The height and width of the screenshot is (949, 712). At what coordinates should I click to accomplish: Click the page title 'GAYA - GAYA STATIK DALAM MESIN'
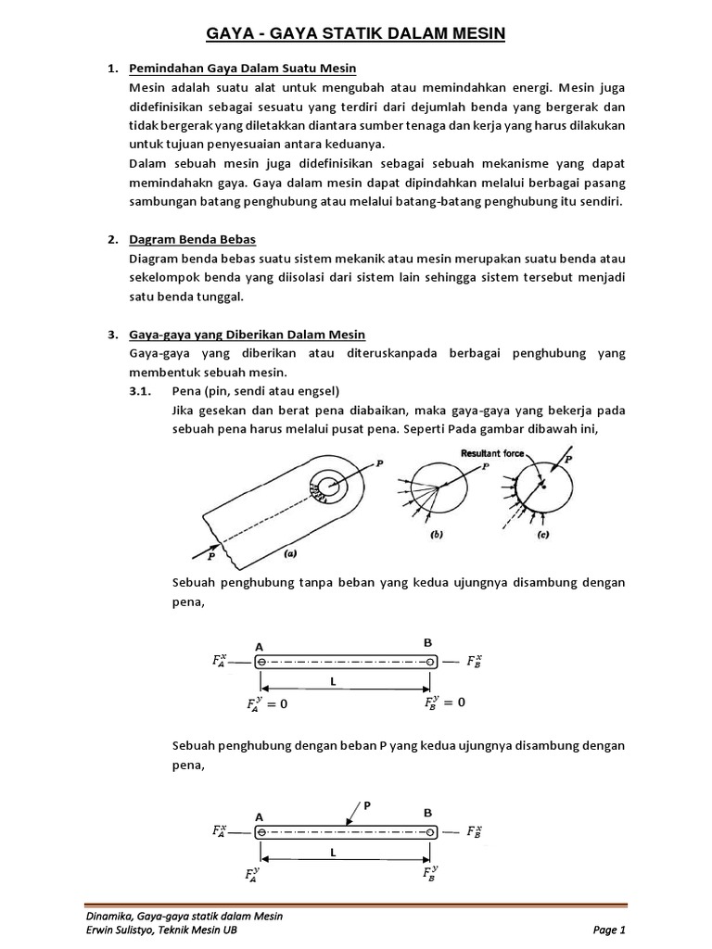[355, 34]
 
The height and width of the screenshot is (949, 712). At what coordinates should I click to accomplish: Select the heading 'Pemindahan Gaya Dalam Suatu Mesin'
[243, 70]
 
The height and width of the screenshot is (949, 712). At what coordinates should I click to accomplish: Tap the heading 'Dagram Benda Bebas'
[193, 240]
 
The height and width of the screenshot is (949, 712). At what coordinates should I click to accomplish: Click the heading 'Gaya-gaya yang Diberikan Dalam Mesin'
[248, 335]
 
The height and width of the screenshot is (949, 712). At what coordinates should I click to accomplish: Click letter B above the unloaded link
[427, 641]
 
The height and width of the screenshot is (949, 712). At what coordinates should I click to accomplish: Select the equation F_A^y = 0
[269, 704]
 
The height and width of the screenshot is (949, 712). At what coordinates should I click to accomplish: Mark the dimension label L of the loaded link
[331, 852]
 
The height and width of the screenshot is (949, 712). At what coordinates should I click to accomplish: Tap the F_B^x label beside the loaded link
[474, 831]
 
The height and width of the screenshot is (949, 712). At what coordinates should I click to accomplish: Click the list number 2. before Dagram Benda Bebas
[113, 240]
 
